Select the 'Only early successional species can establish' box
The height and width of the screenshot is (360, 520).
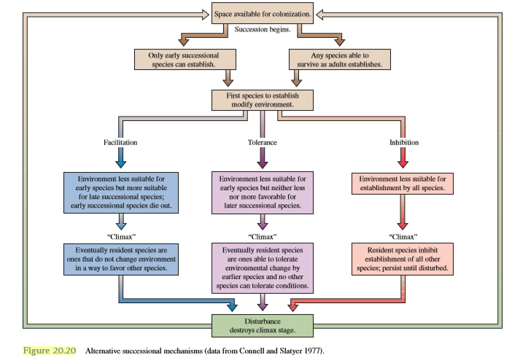tap(187, 59)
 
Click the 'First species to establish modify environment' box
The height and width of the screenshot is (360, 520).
tap(263, 100)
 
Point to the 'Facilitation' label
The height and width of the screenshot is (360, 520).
tap(120, 142)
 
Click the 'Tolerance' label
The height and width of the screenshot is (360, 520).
tap(263, 142)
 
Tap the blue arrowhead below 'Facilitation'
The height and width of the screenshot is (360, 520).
tap(121, 160)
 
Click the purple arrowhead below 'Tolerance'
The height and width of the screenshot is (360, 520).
tap(263, 160)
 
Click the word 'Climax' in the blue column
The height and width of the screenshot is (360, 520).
tap(121, 236)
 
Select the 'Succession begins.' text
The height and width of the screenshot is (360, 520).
tap(263, 30)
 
